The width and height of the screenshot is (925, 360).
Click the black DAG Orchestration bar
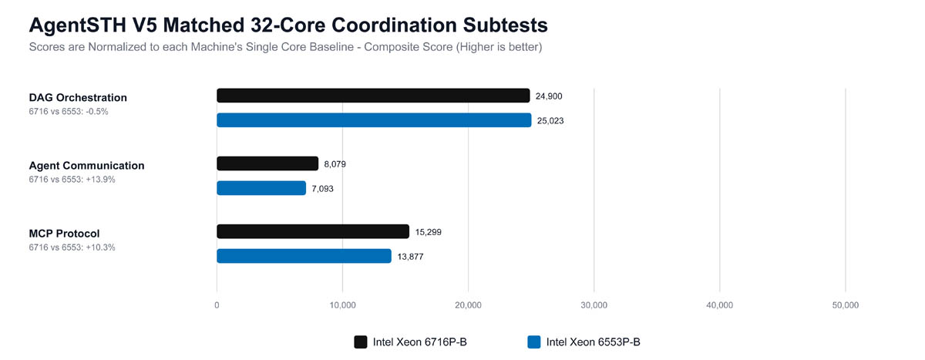point(373,96)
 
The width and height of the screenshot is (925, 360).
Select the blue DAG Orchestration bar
point(374,120)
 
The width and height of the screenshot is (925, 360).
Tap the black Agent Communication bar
point(267,163)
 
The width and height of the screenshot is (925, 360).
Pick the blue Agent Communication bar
point(261,188)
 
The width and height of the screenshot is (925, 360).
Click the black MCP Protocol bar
point(313,231)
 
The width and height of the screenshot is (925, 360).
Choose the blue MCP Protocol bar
point(304,256)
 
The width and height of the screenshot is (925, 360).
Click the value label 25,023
point(550,120)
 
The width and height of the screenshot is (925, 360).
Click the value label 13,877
point(410,256)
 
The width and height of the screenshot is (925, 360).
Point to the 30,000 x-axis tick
point(594,305)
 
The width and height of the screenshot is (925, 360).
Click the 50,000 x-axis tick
point(846,305)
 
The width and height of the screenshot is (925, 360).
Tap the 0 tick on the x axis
point(217,305)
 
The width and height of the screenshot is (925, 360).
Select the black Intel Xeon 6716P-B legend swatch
point(361,342)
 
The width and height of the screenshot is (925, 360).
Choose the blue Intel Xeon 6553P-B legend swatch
point(534,342)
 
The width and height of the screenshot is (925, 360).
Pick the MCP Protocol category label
point(64,233)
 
